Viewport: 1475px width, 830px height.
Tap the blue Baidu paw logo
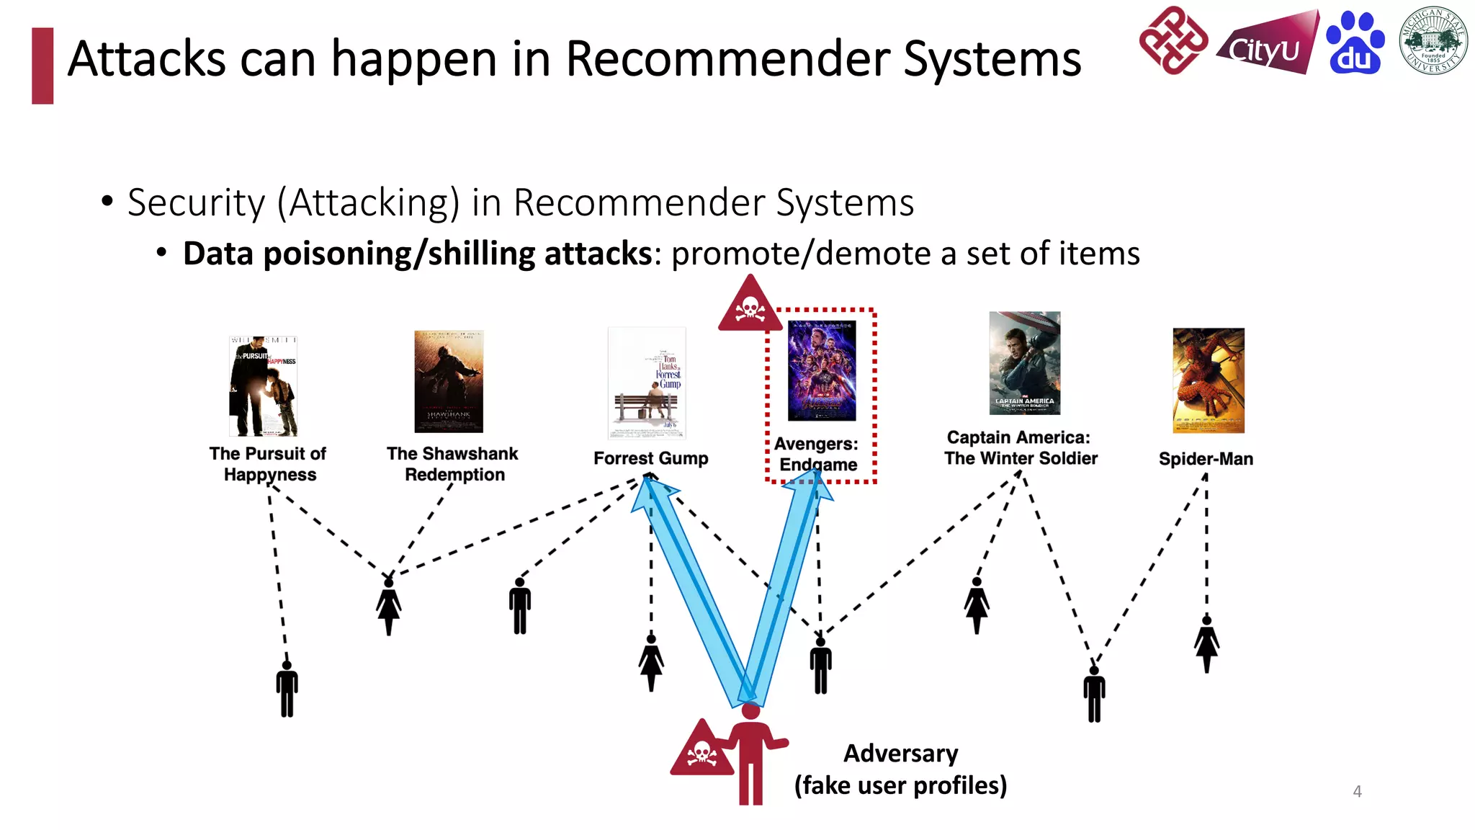pos(1355,43)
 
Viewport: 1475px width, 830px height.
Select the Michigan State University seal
pos(1433,40)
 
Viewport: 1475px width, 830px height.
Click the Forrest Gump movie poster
pos(647,383)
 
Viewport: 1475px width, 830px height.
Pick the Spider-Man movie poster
pos(1208,380)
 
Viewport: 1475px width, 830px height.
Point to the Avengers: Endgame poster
pos(822,371)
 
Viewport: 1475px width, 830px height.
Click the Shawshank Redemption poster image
pos(449,381)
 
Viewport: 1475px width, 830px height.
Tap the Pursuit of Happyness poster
pos(263,386)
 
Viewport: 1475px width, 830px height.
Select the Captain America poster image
pos(1024,362)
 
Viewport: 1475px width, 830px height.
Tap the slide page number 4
pos(1357,791)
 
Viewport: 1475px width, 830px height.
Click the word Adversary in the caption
pos(900,753)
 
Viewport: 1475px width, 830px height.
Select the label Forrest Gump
pos(650,458)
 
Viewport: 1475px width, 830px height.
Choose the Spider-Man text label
pos(1206,459)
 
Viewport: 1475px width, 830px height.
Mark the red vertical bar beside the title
pos(42,66)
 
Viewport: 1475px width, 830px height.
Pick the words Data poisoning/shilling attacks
pos(417,254)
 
